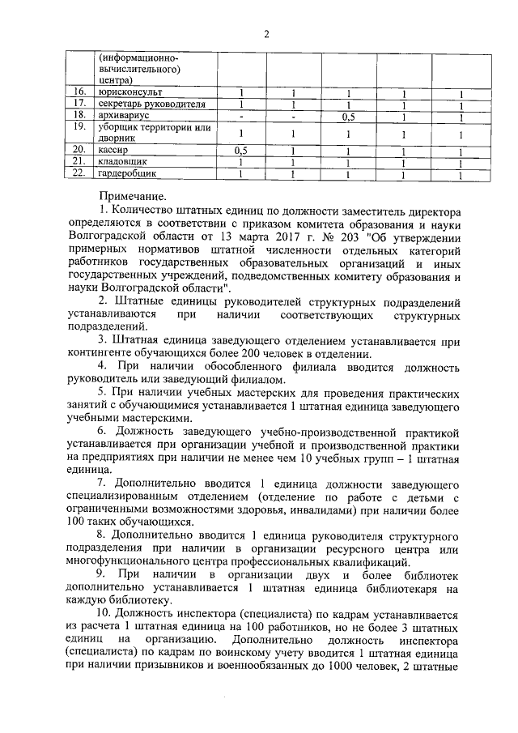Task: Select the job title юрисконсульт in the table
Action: point(127,93)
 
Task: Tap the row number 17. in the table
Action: point(79,104)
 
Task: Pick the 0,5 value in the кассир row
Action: point(240,151)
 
